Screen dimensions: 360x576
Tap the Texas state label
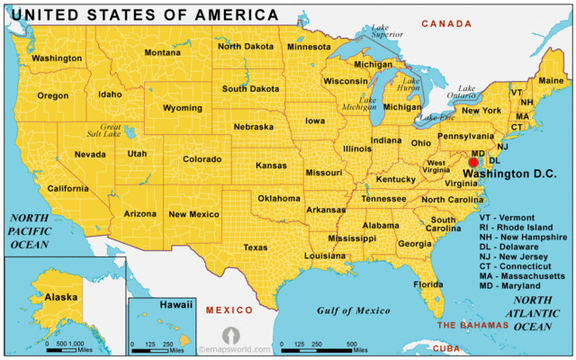point(256,247)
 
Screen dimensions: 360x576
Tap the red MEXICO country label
point(223,310)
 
